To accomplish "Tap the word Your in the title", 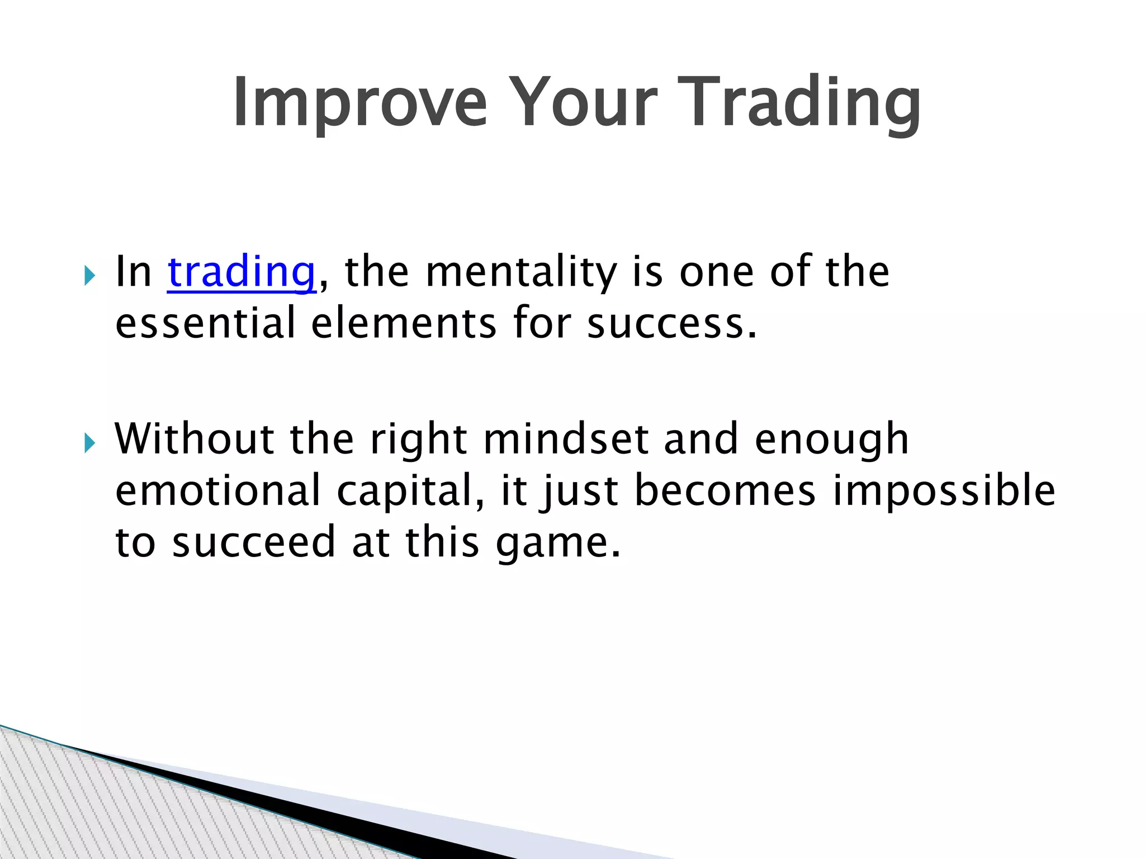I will (581, 103).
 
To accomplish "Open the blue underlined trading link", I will (242, 272).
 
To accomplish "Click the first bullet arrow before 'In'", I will (89, 275).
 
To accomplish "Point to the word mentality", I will (521, 272).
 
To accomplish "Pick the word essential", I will (205, 324).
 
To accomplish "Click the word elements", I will (403, 324).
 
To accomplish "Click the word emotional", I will (217, 491).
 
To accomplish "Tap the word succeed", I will (253, 542).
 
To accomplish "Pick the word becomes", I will (725, 491).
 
